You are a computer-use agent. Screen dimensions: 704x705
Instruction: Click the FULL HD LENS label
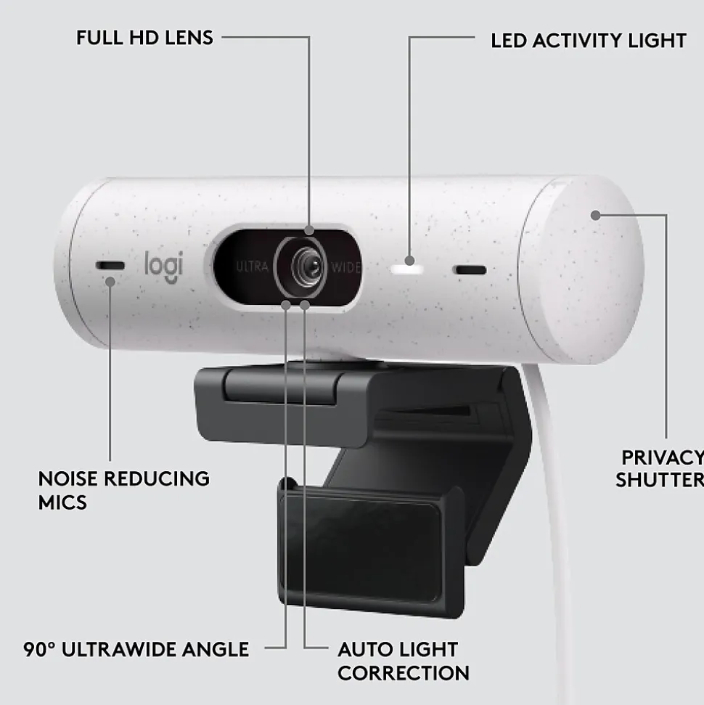click(x=144, y=38)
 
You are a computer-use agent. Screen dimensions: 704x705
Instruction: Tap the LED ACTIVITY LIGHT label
click(x=589, y=41)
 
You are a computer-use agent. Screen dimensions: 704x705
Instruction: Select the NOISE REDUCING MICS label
click(x=123, y=491)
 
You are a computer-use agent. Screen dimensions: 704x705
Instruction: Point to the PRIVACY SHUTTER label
click(x=660, y=469)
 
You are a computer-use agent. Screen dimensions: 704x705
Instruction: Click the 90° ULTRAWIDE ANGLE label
click(x=136, y=649)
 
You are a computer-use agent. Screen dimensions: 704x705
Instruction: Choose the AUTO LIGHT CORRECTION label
click(x=404, y=661)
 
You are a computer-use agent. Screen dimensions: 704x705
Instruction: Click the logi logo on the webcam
click(x=163, y=267)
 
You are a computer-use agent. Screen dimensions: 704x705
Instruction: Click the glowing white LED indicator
click(x=407, y=270)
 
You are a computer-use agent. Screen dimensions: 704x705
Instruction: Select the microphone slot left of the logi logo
click(x=110, y=265)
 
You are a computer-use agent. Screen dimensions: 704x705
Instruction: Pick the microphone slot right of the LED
click(x=470, y=270)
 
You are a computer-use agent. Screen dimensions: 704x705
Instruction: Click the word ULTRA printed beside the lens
click(x=252, y=266)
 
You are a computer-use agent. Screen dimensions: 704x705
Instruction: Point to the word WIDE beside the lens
click(x=345, y=267)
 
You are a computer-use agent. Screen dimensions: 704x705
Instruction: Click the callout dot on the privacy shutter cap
click(x=596, y=216)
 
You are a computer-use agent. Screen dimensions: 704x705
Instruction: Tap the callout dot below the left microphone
click(x=110, y=282)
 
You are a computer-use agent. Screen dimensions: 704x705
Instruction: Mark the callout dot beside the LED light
click(x=409, y=261)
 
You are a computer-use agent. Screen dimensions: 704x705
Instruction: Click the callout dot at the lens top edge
click(x=309, y=230)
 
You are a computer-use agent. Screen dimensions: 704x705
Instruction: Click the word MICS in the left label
click(x=62, y=502)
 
